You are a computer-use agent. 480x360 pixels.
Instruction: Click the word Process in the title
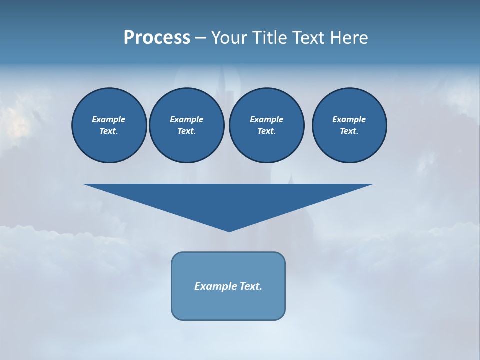click(157, 38)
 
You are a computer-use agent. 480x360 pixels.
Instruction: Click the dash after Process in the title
click(200, 38)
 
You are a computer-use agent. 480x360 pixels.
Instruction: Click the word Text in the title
click(308, 38)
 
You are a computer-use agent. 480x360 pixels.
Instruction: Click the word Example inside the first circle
click(109, 119)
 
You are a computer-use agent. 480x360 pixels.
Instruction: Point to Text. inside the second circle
click(186, 131)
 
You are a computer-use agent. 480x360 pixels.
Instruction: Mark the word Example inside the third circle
click(266, 119)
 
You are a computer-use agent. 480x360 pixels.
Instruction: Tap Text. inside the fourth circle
click(349, 131)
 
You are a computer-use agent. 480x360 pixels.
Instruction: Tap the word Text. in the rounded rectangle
click(251, 286)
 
